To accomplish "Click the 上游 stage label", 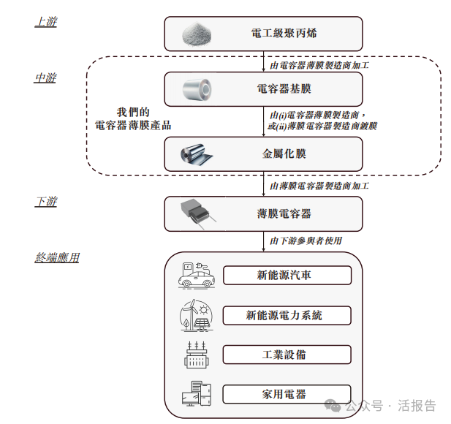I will click(x=45, y=22).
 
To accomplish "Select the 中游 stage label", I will click(x=45, y=77).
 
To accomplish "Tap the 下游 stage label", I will click(x=45, y=202).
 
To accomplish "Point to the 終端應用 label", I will click(x=57, y=257).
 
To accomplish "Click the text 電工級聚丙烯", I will click(x=284, y=34).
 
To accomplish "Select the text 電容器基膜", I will click(x=284, y=91).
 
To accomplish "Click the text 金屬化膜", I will click(x=284, y=154).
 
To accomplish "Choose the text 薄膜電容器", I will click(x=284, y=213).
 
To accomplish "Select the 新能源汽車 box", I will click(x=287, y=276).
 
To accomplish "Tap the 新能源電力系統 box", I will click(x=287, y=315).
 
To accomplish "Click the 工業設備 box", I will click(x=287, y=355).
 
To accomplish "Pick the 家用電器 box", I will click(x=287, y=394).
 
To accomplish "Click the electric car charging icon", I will click(x=195, y=275).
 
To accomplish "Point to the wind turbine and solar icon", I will click(x=195, y=315).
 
